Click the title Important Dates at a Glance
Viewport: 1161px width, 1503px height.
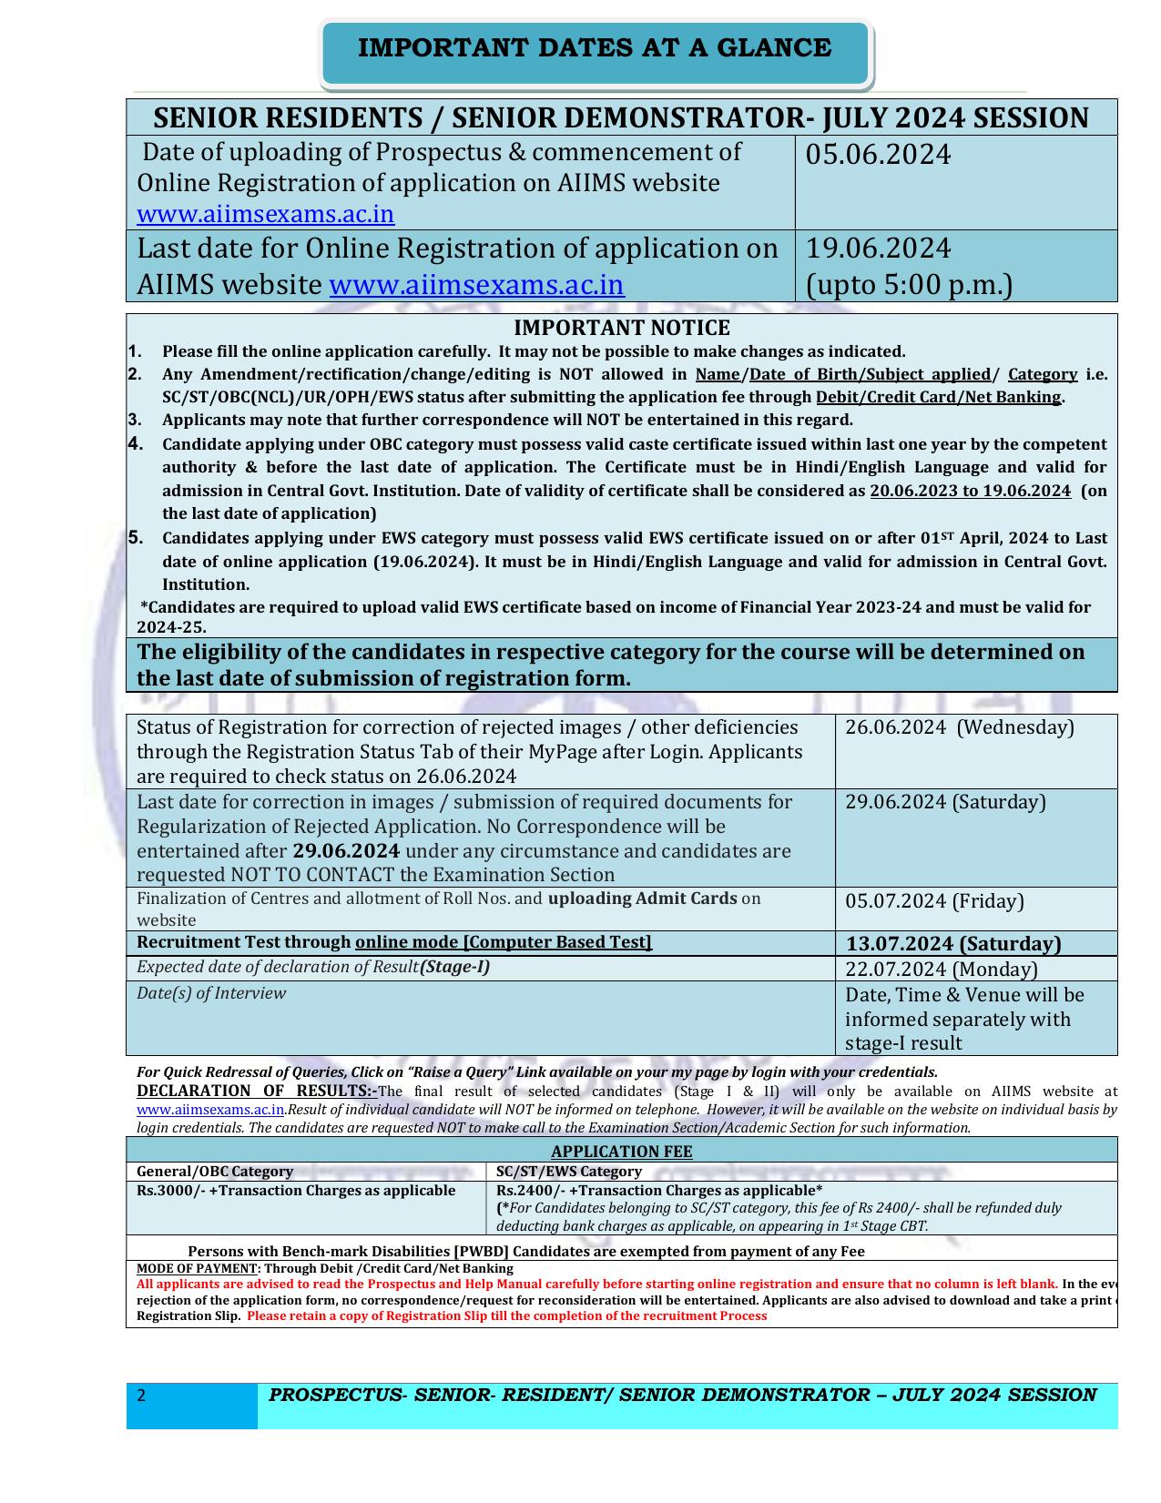595,48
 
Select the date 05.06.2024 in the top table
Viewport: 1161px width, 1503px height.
878,156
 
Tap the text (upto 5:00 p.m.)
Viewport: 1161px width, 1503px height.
909,286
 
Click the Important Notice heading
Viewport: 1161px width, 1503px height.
621,328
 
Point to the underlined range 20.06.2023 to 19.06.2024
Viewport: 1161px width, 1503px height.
970,491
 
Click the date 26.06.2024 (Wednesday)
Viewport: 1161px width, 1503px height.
959,727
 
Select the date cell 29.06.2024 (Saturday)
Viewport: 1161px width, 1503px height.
945,802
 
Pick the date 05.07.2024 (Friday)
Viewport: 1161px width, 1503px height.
934,901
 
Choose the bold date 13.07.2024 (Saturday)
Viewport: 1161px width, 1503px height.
953,944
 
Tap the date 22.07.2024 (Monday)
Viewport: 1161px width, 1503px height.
941,970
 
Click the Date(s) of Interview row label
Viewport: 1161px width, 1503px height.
211,993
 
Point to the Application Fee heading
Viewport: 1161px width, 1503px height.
621,1152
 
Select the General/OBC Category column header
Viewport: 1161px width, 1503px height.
215,1172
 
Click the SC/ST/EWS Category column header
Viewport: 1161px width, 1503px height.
569,1172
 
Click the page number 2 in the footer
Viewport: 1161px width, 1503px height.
141,1396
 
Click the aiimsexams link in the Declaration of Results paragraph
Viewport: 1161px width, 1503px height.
210,1110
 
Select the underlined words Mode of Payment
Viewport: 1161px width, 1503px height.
198,1268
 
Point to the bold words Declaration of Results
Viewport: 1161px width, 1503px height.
257,1092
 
